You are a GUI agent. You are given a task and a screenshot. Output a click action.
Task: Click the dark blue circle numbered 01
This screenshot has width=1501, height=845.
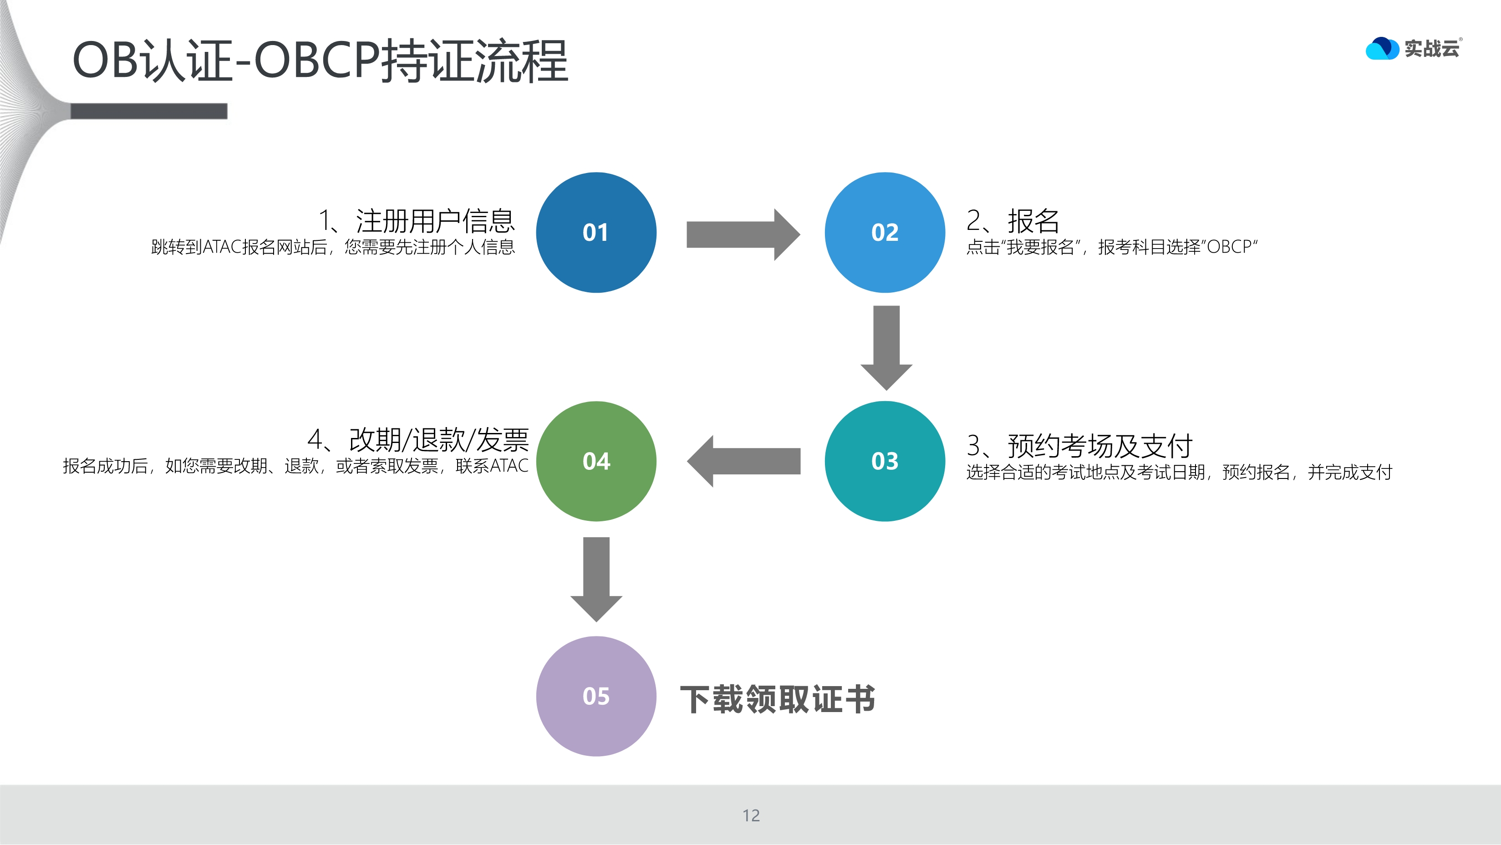[x=596, y=233]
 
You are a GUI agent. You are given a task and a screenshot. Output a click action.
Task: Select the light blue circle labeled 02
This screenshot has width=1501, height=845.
[x=885, y=233]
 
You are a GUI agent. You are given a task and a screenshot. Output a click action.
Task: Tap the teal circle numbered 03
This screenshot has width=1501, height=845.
[x=885, y=461]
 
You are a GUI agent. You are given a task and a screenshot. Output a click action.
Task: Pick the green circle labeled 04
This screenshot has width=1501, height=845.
[x=596, y=461]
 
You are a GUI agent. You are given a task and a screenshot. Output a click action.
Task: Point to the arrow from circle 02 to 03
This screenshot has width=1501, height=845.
[x=886, y=347]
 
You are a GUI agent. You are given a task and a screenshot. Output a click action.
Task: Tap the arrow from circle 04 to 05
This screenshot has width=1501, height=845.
[x=596, y=578]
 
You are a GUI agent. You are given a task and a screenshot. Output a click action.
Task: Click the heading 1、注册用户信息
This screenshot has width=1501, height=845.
[x=417, y=221]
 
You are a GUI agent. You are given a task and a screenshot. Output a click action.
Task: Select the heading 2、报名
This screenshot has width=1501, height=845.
[x=1012, y=221]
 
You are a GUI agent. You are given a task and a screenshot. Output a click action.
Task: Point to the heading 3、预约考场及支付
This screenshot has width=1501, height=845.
[x=1079, y=446]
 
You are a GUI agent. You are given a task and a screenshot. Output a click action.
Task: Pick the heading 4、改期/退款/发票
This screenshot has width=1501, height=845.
[x=418, y=439]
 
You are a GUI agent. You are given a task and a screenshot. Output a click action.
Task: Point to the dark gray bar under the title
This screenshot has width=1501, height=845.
[x=148, y=111]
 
